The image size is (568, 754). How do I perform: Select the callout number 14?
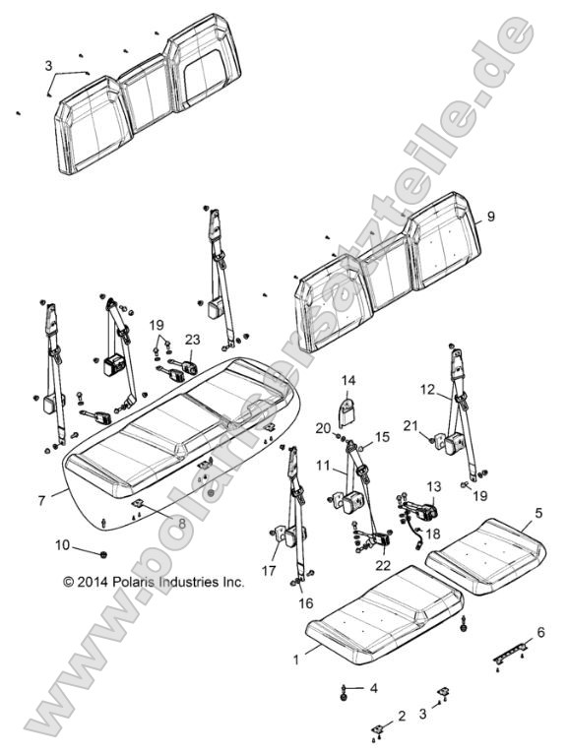pos(348,381)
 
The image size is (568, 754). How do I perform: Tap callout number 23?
pos(192,339)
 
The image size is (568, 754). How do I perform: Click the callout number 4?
pos(372,688)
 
